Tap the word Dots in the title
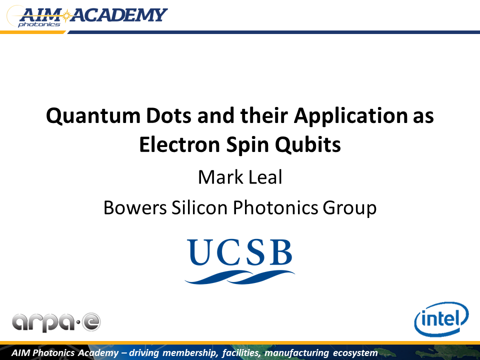168,115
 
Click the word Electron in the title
179,144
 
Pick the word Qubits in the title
308,144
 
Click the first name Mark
220,177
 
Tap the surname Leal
265,177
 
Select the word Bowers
135,208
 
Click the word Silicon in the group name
199,208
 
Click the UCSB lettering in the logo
239,252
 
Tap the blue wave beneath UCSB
239,277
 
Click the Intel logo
441,318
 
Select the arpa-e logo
56,322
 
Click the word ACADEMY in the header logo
119,15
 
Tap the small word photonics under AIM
39,24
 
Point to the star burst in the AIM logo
65,15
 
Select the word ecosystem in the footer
355,353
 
